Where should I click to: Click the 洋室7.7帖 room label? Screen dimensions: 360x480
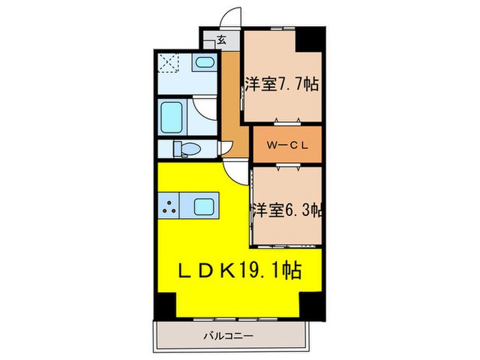click(x=280, y=85)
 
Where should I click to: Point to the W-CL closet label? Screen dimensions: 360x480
click(x=286, y=145)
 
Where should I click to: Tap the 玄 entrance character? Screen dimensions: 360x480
click(x=221, y=40)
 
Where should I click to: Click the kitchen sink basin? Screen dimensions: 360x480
click(x=203, y=206)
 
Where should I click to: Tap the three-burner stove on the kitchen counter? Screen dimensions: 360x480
click(x=170, y=206)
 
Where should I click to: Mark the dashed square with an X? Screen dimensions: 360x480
click(x=169, y=62)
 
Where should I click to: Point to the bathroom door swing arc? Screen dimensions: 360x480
click(x=204, y=108)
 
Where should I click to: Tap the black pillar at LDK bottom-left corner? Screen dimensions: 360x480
click(x=165, y=303)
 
